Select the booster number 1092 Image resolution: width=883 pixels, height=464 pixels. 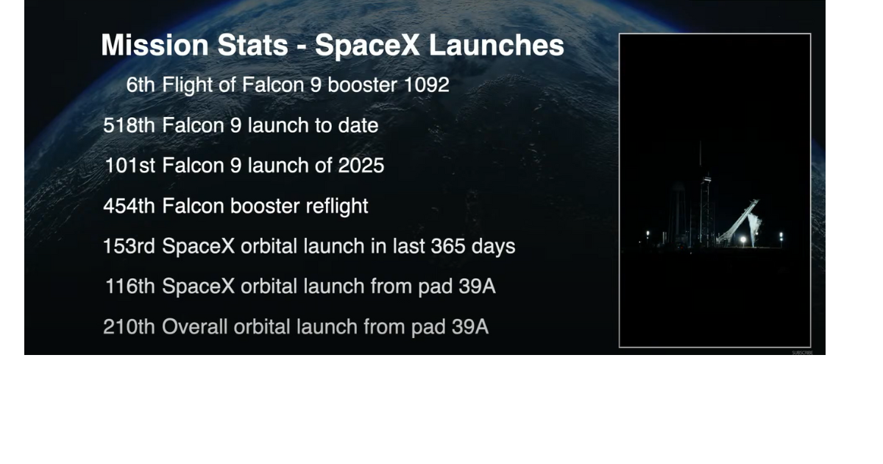[426, 85]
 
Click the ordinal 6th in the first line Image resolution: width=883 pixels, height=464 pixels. [141, 85]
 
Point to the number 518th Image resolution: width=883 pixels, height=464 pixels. [129, 126]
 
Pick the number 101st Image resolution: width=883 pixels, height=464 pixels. [130, 166]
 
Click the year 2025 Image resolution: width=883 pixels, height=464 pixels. [361, 166]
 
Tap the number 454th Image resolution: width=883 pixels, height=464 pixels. [129, 206]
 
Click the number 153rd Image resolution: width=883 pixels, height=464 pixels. [129, 246]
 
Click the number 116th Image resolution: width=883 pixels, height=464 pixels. [130, 287]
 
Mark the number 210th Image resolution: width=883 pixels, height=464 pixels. [129, 326]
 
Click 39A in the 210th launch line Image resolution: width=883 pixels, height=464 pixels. [469, 326]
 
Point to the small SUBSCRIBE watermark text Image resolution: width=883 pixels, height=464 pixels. [802, 353]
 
